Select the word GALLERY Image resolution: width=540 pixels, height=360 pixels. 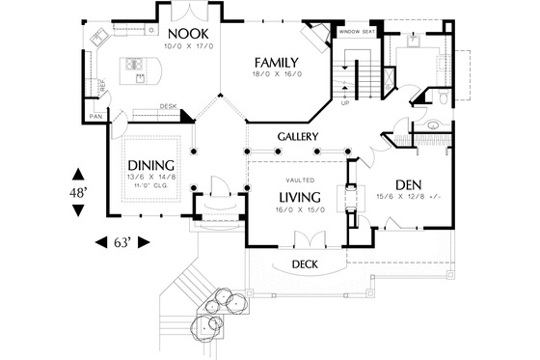click(x=297, y=137)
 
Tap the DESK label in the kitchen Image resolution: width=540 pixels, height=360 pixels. click(x=166, y=105)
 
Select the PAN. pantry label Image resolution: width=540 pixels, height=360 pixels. click(x=95, y=117)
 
